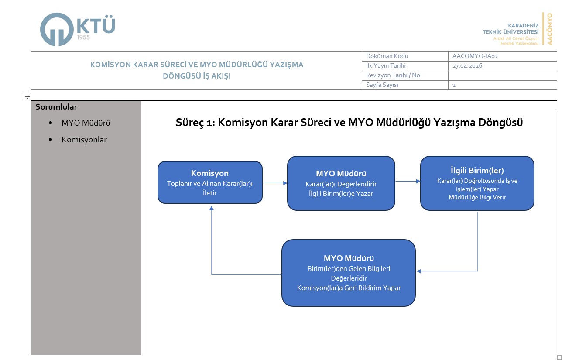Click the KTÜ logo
[x=77, y=29]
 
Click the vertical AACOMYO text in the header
[x=549, y=29]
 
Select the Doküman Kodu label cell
[x=387, y=56]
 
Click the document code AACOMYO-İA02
[x=475, y=56]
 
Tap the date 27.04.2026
[x=467, y=66]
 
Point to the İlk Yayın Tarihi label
[x=386, y=66]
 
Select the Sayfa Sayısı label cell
[x=382, y=85]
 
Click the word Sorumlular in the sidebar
[x=56, y=107]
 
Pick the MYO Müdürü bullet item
[x=86, y=123]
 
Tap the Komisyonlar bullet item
[x=84, y=140]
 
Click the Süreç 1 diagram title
[x=349, y=123]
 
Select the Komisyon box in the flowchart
[x=210, y=182]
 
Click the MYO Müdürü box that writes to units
[x=341, y=183]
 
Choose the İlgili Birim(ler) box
[x=477, y=183]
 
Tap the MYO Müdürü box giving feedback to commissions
[x=348, y=273]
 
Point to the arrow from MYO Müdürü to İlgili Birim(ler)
[x=407, y=181]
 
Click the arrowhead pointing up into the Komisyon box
[x=211, y=208]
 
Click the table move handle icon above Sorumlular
[x=27, y=96]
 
